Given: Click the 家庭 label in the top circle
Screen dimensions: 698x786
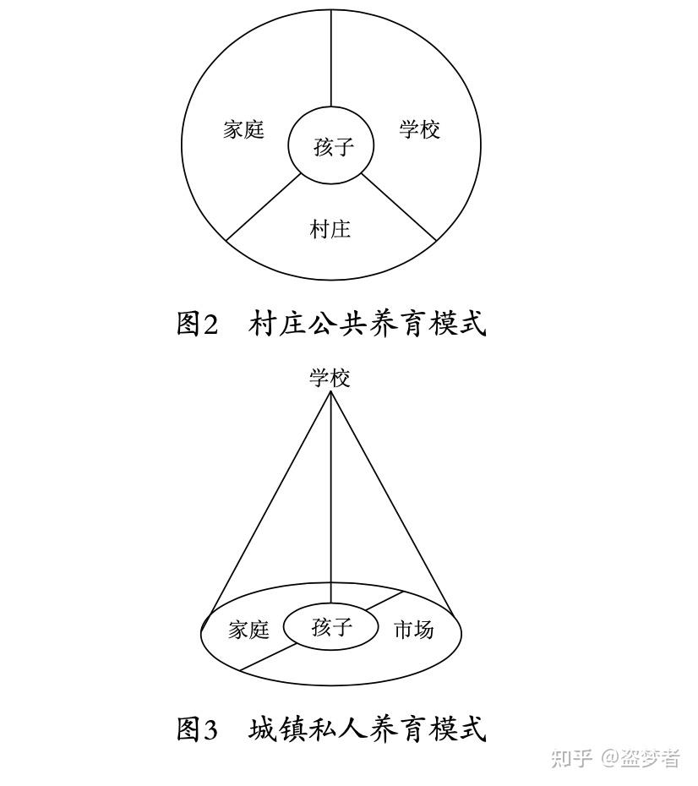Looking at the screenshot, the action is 244,129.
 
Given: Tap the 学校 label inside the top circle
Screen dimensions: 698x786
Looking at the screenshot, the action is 420,129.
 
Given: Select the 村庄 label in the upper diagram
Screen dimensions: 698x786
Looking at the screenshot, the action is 330,229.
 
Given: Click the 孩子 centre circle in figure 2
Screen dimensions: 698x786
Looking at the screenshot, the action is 332,147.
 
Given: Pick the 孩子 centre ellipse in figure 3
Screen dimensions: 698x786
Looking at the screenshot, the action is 331,627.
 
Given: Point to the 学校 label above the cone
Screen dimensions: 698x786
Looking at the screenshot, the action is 330,378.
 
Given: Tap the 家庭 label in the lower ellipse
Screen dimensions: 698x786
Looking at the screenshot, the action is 248,630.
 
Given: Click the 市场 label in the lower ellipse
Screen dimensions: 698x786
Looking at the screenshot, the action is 414,630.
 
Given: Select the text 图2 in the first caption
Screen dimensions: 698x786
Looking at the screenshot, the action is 198,323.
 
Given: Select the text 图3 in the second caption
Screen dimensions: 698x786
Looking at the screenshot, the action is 198,729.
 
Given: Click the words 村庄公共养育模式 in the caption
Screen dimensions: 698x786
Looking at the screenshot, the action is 368,323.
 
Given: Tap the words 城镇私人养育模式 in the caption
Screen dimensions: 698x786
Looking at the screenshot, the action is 368,729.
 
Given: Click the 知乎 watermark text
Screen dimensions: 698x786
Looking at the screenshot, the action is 571,758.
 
